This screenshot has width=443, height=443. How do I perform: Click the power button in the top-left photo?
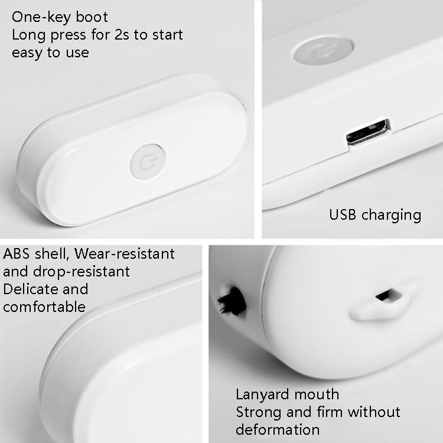tap(148, 162)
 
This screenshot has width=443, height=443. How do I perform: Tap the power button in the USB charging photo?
tap(324, 51)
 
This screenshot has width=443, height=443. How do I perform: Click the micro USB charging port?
tap(368, 132)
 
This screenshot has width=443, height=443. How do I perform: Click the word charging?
tap(391, 216)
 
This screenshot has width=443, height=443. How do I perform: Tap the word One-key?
tap(41, 18)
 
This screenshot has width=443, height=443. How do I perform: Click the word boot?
tap(92, 17)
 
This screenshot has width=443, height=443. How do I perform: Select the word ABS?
tap(16, 254)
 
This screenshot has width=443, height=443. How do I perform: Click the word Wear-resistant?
tap(124, 254)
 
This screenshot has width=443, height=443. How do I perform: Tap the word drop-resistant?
tap(82, 272)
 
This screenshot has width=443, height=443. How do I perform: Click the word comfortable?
tap(44, 307)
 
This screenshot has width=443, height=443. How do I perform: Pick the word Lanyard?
tap(259, 395)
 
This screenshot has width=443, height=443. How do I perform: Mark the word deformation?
tap(278, 430)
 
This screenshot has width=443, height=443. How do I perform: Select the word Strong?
tap(259, 413)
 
